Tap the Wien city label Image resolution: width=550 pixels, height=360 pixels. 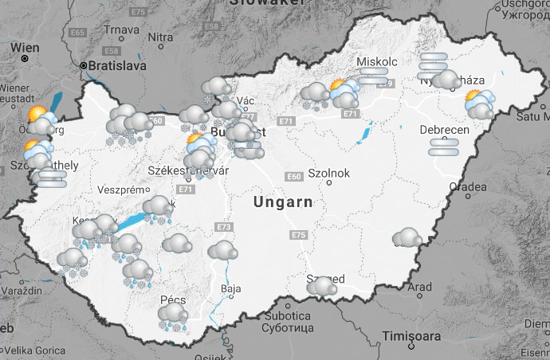26,48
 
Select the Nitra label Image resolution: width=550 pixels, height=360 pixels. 160,37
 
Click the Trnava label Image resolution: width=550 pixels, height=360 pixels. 104,31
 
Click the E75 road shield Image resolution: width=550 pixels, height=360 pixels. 299,235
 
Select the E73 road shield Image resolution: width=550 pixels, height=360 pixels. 224,228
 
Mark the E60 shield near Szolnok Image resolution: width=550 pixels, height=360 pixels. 293,176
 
